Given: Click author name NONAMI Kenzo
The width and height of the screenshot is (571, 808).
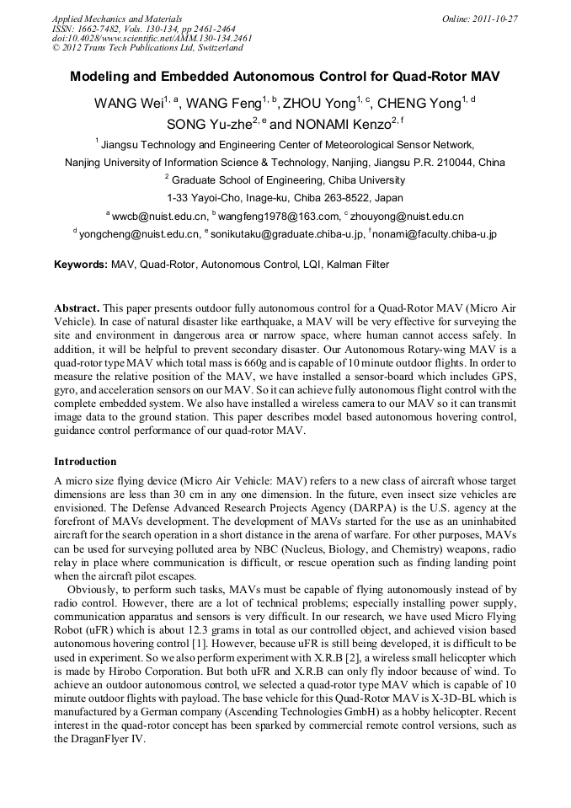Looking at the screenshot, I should click(x=335, y=125).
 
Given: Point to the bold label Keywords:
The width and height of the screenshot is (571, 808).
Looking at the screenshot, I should click(x=81, y=265).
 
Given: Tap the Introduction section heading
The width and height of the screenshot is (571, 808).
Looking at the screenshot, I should click(x=85, y=462).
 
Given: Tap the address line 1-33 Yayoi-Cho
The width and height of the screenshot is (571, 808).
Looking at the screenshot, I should click(x=285, y=198).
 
